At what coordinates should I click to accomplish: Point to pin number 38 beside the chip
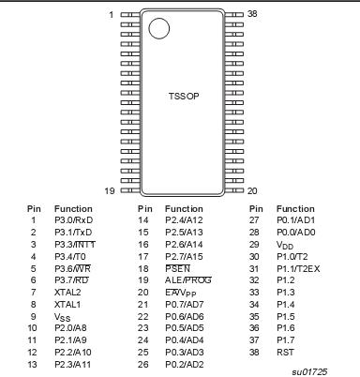pos(252,15)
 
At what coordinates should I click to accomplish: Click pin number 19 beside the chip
pos(110,190)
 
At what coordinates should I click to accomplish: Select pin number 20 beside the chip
pos(252,190)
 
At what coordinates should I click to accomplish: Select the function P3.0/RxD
pos(71,220)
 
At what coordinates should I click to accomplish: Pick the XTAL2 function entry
pos(67,292)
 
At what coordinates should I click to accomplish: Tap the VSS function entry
pos(62,316)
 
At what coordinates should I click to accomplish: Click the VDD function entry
pos(285,244)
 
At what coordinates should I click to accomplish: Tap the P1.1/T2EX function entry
pos(298,268)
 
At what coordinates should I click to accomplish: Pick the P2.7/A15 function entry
pos(183,256)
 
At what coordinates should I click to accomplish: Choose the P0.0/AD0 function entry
pos(295,232)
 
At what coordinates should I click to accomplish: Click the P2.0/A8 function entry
pos(68,327)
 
